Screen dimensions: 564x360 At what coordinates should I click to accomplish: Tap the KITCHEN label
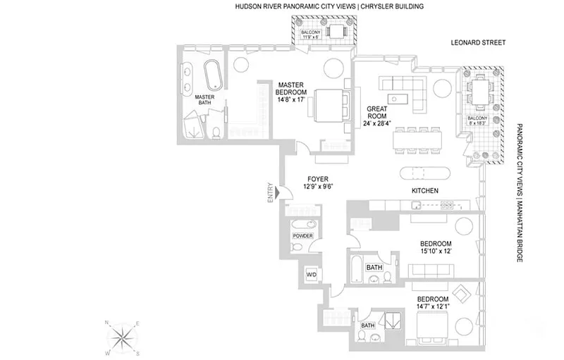(426, 191)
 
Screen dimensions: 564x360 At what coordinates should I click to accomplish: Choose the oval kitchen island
(423, 173)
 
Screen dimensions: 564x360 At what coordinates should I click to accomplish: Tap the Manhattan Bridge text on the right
(520, 233)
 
